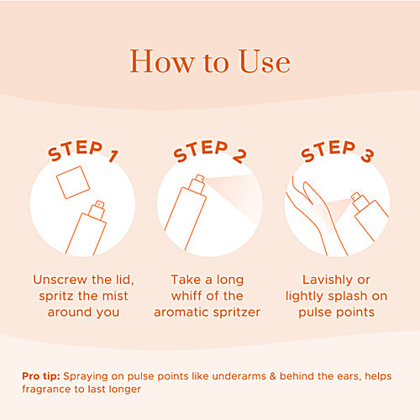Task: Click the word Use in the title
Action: tap(265, 61)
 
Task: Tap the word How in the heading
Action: tap(162, 61)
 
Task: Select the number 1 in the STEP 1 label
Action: tap(113, 156)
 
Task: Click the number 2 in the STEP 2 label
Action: tap(239, 155)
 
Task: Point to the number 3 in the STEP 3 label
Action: tap(367, 155)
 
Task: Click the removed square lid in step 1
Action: tap(73, 182)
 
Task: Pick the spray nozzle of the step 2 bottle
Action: tap(197, 184)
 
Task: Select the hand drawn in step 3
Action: tap(317, 216)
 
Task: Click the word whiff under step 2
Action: tap(185, 296)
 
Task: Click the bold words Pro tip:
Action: tap(41, 376)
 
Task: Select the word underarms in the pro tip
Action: tap(239, 376)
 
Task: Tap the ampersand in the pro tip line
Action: tap(273, 376)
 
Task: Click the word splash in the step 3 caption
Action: tap(348, 297)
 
